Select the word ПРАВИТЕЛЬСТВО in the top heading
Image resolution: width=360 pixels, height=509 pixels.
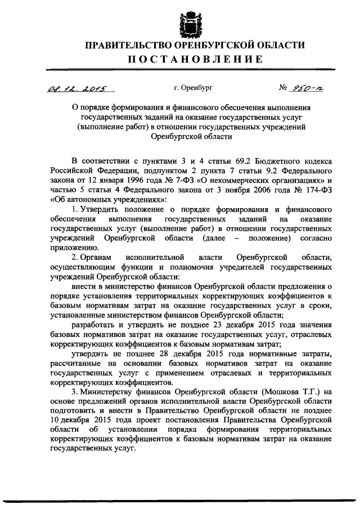pyautogui.click(x=123, y=45)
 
